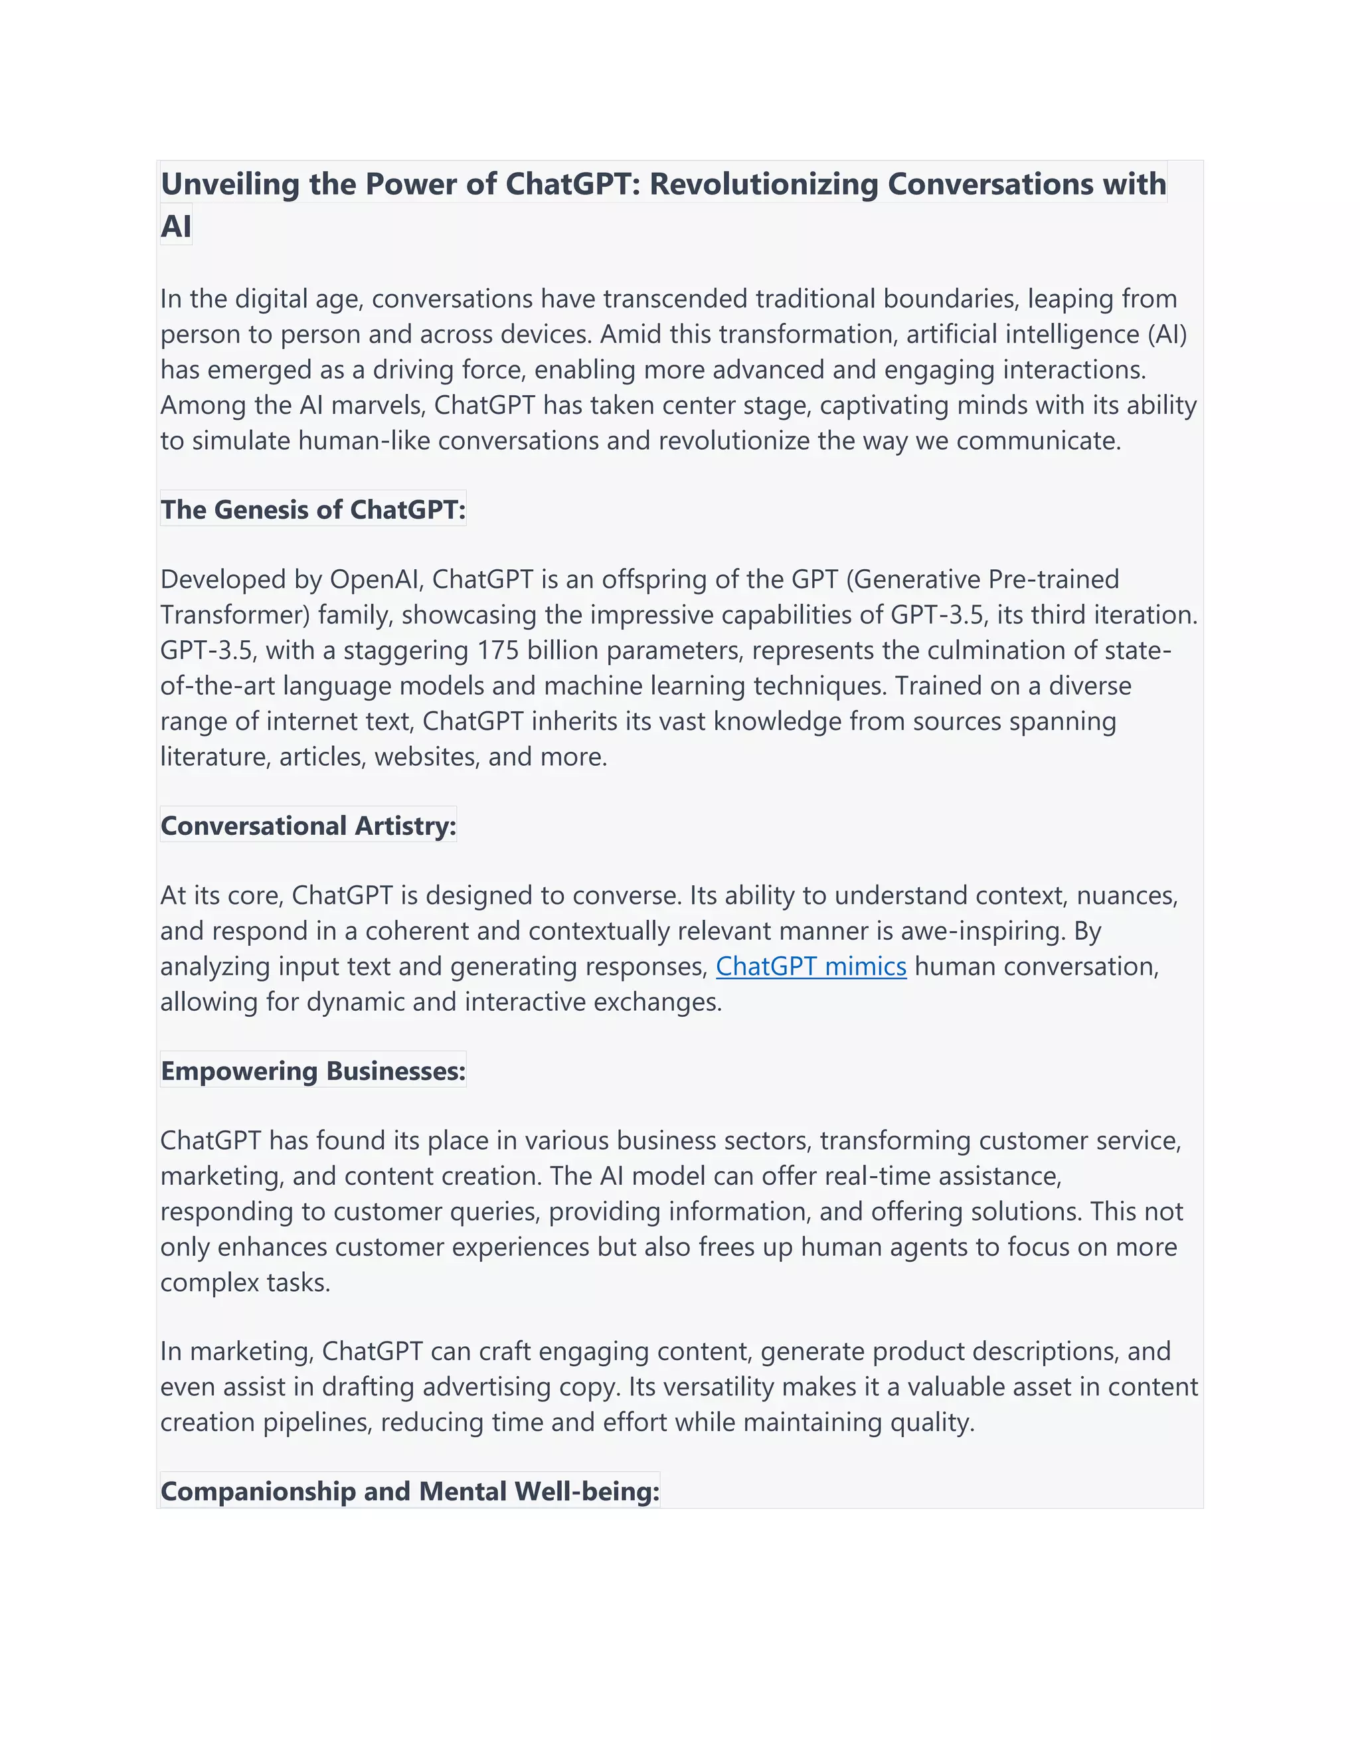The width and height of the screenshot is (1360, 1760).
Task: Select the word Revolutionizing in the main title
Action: [x=764, y=185]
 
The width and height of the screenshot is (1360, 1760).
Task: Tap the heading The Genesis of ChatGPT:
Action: [x=313, y=509]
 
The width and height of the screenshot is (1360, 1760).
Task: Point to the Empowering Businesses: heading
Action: [x=313, y=1071]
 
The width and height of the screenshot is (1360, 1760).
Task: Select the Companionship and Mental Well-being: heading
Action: [x=409, y=1492]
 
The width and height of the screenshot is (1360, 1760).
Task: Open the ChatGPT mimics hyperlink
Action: [x=811, y=966]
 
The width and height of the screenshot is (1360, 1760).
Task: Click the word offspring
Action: [x=653, y=579]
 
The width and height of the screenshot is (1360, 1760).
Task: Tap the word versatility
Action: [x=701, y=1387]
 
